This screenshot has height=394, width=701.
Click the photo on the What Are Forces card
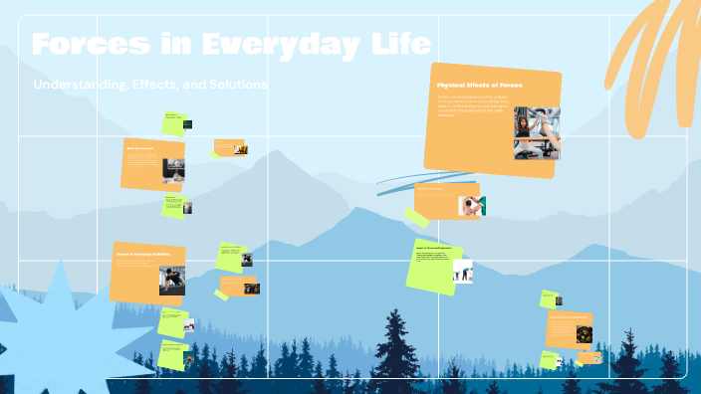click(x=173, y=170)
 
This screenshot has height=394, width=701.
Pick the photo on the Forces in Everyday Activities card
click(x=170, y=280)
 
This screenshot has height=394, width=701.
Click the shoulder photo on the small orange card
click(x=470, y=205)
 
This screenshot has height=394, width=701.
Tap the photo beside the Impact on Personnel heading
click(x=463, y=271)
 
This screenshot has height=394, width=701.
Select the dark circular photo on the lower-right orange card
click(x=584, y=334)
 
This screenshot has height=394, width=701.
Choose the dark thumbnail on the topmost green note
click(x=186, y=124)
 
